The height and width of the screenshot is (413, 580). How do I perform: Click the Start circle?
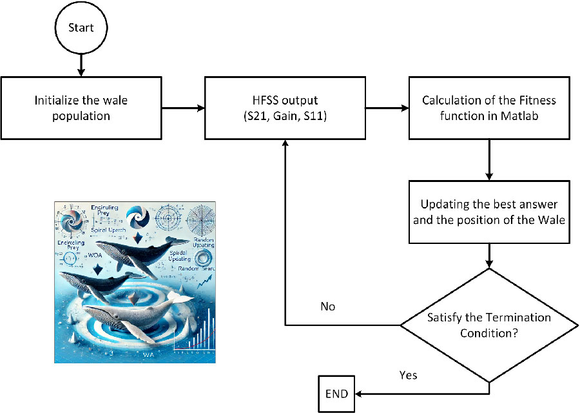click(x=80, y=28)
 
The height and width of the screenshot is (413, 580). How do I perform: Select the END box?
click(x=336, y=393)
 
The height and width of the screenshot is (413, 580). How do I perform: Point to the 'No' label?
click(x=327, y=307)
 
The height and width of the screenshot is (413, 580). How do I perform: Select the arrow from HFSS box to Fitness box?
click(x=386, y=108)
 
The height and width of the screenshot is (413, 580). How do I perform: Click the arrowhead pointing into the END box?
click(x=359, y=393)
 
